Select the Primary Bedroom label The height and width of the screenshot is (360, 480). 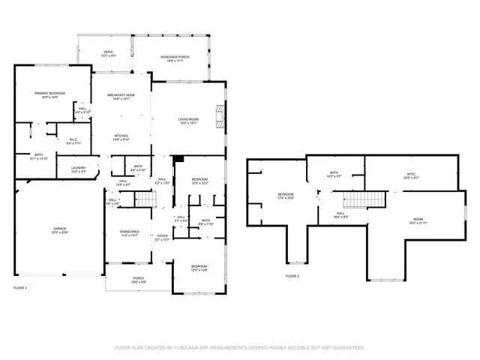(49, 94)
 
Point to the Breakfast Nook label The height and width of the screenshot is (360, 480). (120, 96)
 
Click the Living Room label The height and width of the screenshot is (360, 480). (187, 121)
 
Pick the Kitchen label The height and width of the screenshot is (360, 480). (121, 137)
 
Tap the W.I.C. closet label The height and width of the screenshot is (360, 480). (73, 140)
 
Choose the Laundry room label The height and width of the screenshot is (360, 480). (78, 169)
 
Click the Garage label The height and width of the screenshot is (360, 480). (58, 230)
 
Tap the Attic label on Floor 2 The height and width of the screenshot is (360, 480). (410, 175)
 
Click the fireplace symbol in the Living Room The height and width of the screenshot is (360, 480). (220, 115)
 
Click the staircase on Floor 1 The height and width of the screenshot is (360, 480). (142, 199)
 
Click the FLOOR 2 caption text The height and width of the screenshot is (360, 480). (292, 276)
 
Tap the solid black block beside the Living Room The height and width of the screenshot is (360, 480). (178, 159)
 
